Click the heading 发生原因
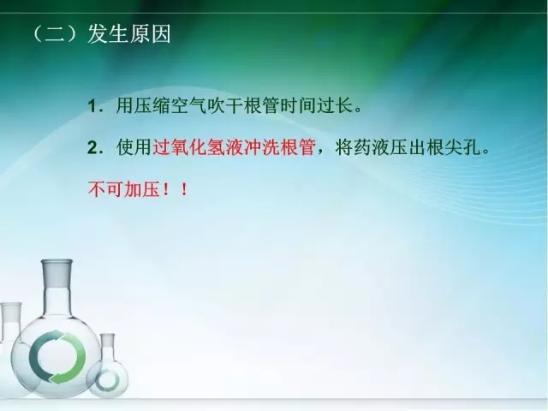click(x=129, y=37)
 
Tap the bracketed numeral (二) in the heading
click(x=54, y=37)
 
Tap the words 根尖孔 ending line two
click(x=455, y=147)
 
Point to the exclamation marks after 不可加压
click(x=174, y=188)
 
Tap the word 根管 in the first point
click(x=268, y=107)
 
